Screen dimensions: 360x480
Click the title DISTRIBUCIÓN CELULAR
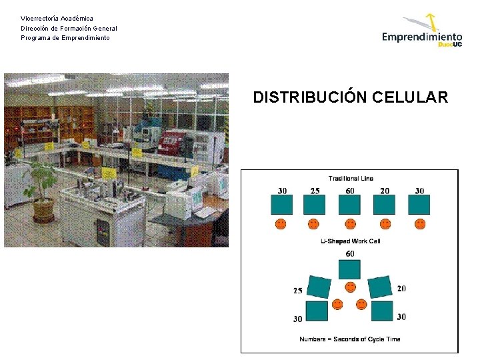[x=351, y=97]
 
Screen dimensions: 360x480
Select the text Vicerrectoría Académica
[x=57, y=18]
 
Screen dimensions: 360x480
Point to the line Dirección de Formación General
[x=69, y=28]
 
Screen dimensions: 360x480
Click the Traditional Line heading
[x=351, y=178]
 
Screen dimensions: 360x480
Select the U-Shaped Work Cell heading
[x=350, y=241]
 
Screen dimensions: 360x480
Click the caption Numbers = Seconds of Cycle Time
[x=350, y=339]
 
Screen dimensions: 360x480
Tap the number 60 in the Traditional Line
[x=350, y=191]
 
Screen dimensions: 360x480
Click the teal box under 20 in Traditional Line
[x=385, y=205]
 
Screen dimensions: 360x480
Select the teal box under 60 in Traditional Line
[x=350, y=205]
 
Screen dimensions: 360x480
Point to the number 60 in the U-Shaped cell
[x=350, y=254]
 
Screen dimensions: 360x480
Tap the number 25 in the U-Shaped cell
[x=297, y=291]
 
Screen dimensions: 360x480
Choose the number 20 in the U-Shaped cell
[x=401, y=289]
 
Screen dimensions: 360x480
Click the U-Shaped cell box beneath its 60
[x=350, y=269]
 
